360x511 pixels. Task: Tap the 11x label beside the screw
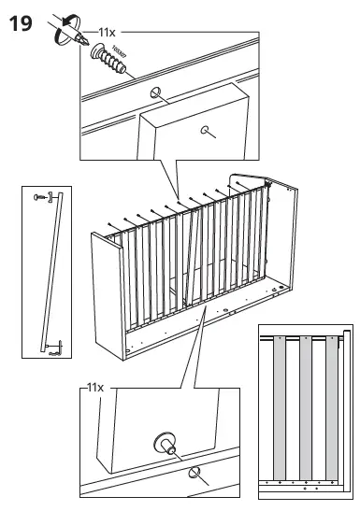107,32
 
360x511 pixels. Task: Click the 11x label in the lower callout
94,386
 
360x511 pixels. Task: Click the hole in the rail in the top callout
155,93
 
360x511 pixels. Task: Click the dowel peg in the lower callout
166,443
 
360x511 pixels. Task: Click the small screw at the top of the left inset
38,196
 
